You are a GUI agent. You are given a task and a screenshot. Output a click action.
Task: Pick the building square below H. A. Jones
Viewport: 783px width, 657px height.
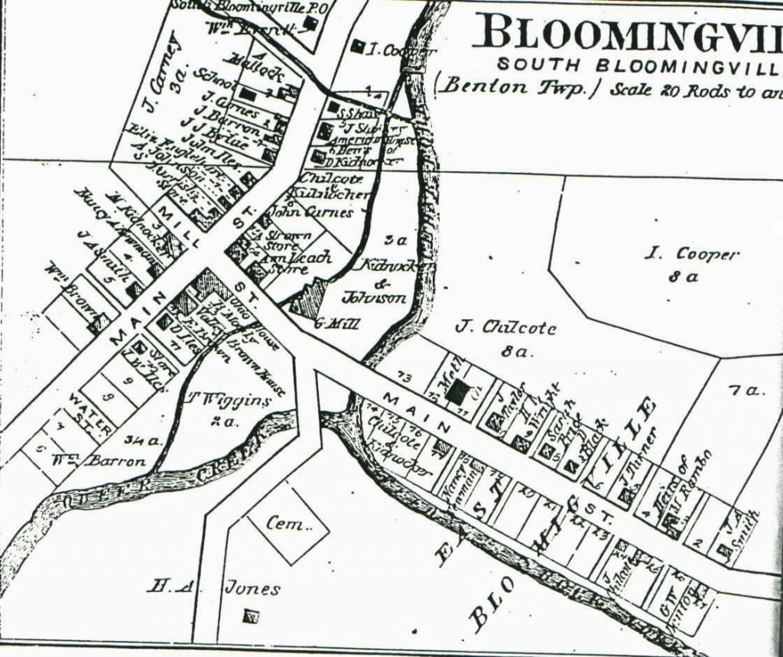click(250, 615)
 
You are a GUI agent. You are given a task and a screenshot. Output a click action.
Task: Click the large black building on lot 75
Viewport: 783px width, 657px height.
click(457, 392)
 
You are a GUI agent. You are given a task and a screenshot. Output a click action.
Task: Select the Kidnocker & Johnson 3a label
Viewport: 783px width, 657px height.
click(386, 278)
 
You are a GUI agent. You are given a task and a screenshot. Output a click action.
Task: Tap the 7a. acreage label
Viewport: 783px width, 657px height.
click(746, 390)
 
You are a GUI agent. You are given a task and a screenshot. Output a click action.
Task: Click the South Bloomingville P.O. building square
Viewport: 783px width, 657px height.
click(309, 23)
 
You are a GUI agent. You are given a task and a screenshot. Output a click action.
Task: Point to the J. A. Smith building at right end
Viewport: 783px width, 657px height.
click(723, 548)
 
